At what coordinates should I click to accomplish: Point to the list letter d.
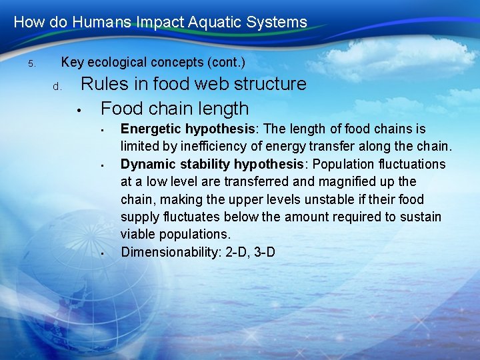pyautogui.click(x=57, y=87)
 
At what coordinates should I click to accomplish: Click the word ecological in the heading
pyautogui.click(x=118, y=63)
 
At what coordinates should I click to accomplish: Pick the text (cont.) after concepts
pyautogui.click(x=227, y=63)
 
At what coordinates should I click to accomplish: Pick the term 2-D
pyautogui.click(x=233, y=252)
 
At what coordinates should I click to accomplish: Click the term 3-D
pyautogui.click(x=265, y=252)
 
